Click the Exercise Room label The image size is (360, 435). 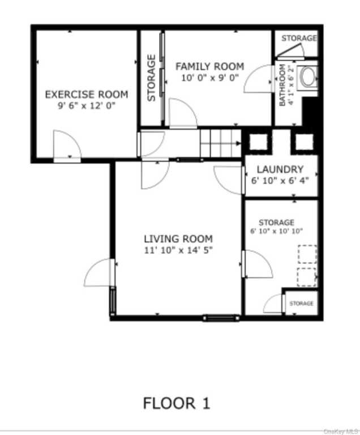point(87,95)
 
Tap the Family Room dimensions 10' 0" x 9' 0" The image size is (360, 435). point(210,78)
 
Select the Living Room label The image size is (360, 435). point(178,238)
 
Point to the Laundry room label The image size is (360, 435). point(280,169)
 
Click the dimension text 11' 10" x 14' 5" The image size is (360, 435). point(178,250)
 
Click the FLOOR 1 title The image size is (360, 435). point(177,403)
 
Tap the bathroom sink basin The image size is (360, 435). point(308,77)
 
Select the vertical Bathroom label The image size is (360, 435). point(282,85)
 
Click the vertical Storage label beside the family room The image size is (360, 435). point(151,78)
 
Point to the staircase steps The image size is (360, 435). point(221,143)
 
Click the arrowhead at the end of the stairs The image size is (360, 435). point(238,143)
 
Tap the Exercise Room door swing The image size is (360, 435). point(67,144)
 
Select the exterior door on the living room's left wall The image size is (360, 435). point(99,272)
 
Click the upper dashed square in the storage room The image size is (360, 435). point(307,254)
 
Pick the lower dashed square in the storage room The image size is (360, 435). point(307,277)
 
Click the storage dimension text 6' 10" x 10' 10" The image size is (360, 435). point(276,231)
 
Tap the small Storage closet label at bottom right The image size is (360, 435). point(302,304)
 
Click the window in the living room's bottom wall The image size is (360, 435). point(221,318)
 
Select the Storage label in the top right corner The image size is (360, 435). point(299,38)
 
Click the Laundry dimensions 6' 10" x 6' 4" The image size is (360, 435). point(280,181)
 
